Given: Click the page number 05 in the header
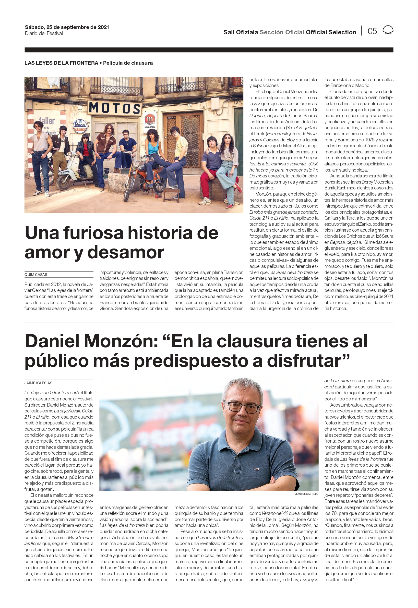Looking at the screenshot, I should [x=372, y=31].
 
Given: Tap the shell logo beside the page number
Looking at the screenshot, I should [x=388, y=30].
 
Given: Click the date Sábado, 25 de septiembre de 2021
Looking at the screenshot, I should [x=67, y=27].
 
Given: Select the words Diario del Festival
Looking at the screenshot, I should [x=44, y=34].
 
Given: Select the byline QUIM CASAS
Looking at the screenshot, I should [x=36, y=275].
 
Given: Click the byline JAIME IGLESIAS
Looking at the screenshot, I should [x=38, y=383].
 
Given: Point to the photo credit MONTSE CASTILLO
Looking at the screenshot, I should [x=306, y=494].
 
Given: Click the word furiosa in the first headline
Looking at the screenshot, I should [x=93, y=233].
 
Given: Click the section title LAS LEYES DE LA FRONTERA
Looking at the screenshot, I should [x=61, y=63].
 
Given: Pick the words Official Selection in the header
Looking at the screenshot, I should [x=331, y=32].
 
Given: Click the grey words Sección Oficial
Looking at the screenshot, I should [x=282, y=32].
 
